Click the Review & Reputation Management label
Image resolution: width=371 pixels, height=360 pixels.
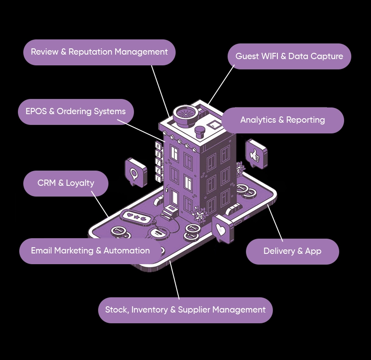coord(99,52)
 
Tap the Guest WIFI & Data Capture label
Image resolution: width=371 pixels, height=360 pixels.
coord(289,56)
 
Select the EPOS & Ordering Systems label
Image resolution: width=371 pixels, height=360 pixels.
coord(76,111)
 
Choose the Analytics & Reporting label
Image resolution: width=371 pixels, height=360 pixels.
coord(282,120)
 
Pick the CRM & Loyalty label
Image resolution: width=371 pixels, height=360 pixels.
coord(66,183)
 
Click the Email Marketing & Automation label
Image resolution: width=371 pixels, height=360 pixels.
coord(90,251)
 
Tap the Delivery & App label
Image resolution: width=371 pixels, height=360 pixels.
coord(292,251)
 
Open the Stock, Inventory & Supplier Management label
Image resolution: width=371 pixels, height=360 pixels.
coord(185,310)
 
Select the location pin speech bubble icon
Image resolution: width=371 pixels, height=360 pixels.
coord(135,172)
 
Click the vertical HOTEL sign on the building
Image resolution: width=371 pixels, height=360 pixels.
coord(158,162)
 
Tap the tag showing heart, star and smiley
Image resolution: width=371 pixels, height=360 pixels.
coord(134,216)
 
